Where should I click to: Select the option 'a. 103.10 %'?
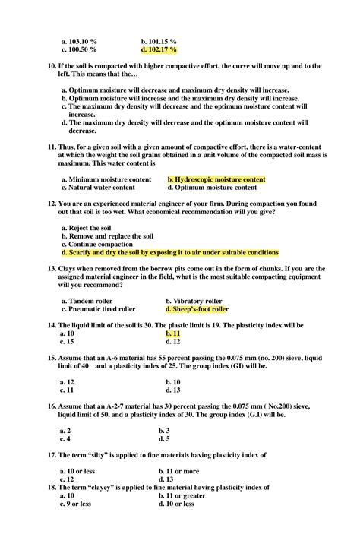point(78,40)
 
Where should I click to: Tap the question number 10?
point(51,67)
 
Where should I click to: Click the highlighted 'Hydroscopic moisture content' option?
point(216,179)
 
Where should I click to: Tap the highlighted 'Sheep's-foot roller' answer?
point(197,310)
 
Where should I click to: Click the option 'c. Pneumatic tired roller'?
point(98,310)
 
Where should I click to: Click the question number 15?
point(51,356)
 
